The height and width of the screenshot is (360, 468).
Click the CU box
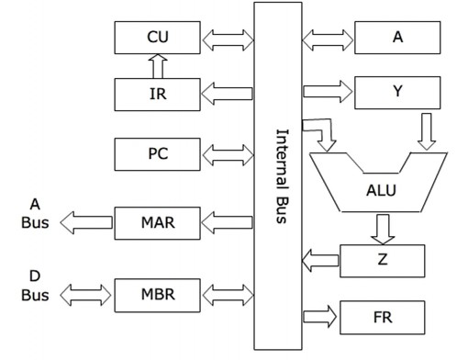(x=158, y=39)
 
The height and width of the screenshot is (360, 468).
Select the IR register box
(x=158, y=93)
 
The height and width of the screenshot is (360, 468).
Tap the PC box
(x=158, y=152)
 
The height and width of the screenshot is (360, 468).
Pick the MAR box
(x=158, y=221)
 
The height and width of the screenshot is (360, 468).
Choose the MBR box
(x=158, y=295)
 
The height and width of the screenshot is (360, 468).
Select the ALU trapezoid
(x=378, y=188)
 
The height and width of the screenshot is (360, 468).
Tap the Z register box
(x=382, y=261)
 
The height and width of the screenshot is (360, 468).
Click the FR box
(x=382, y=316)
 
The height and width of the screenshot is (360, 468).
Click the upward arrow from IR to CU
(x=156, y=65)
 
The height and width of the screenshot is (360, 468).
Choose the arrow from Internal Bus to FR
(x=318, y=316)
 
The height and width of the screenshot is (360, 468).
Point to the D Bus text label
(x=33, y=286)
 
